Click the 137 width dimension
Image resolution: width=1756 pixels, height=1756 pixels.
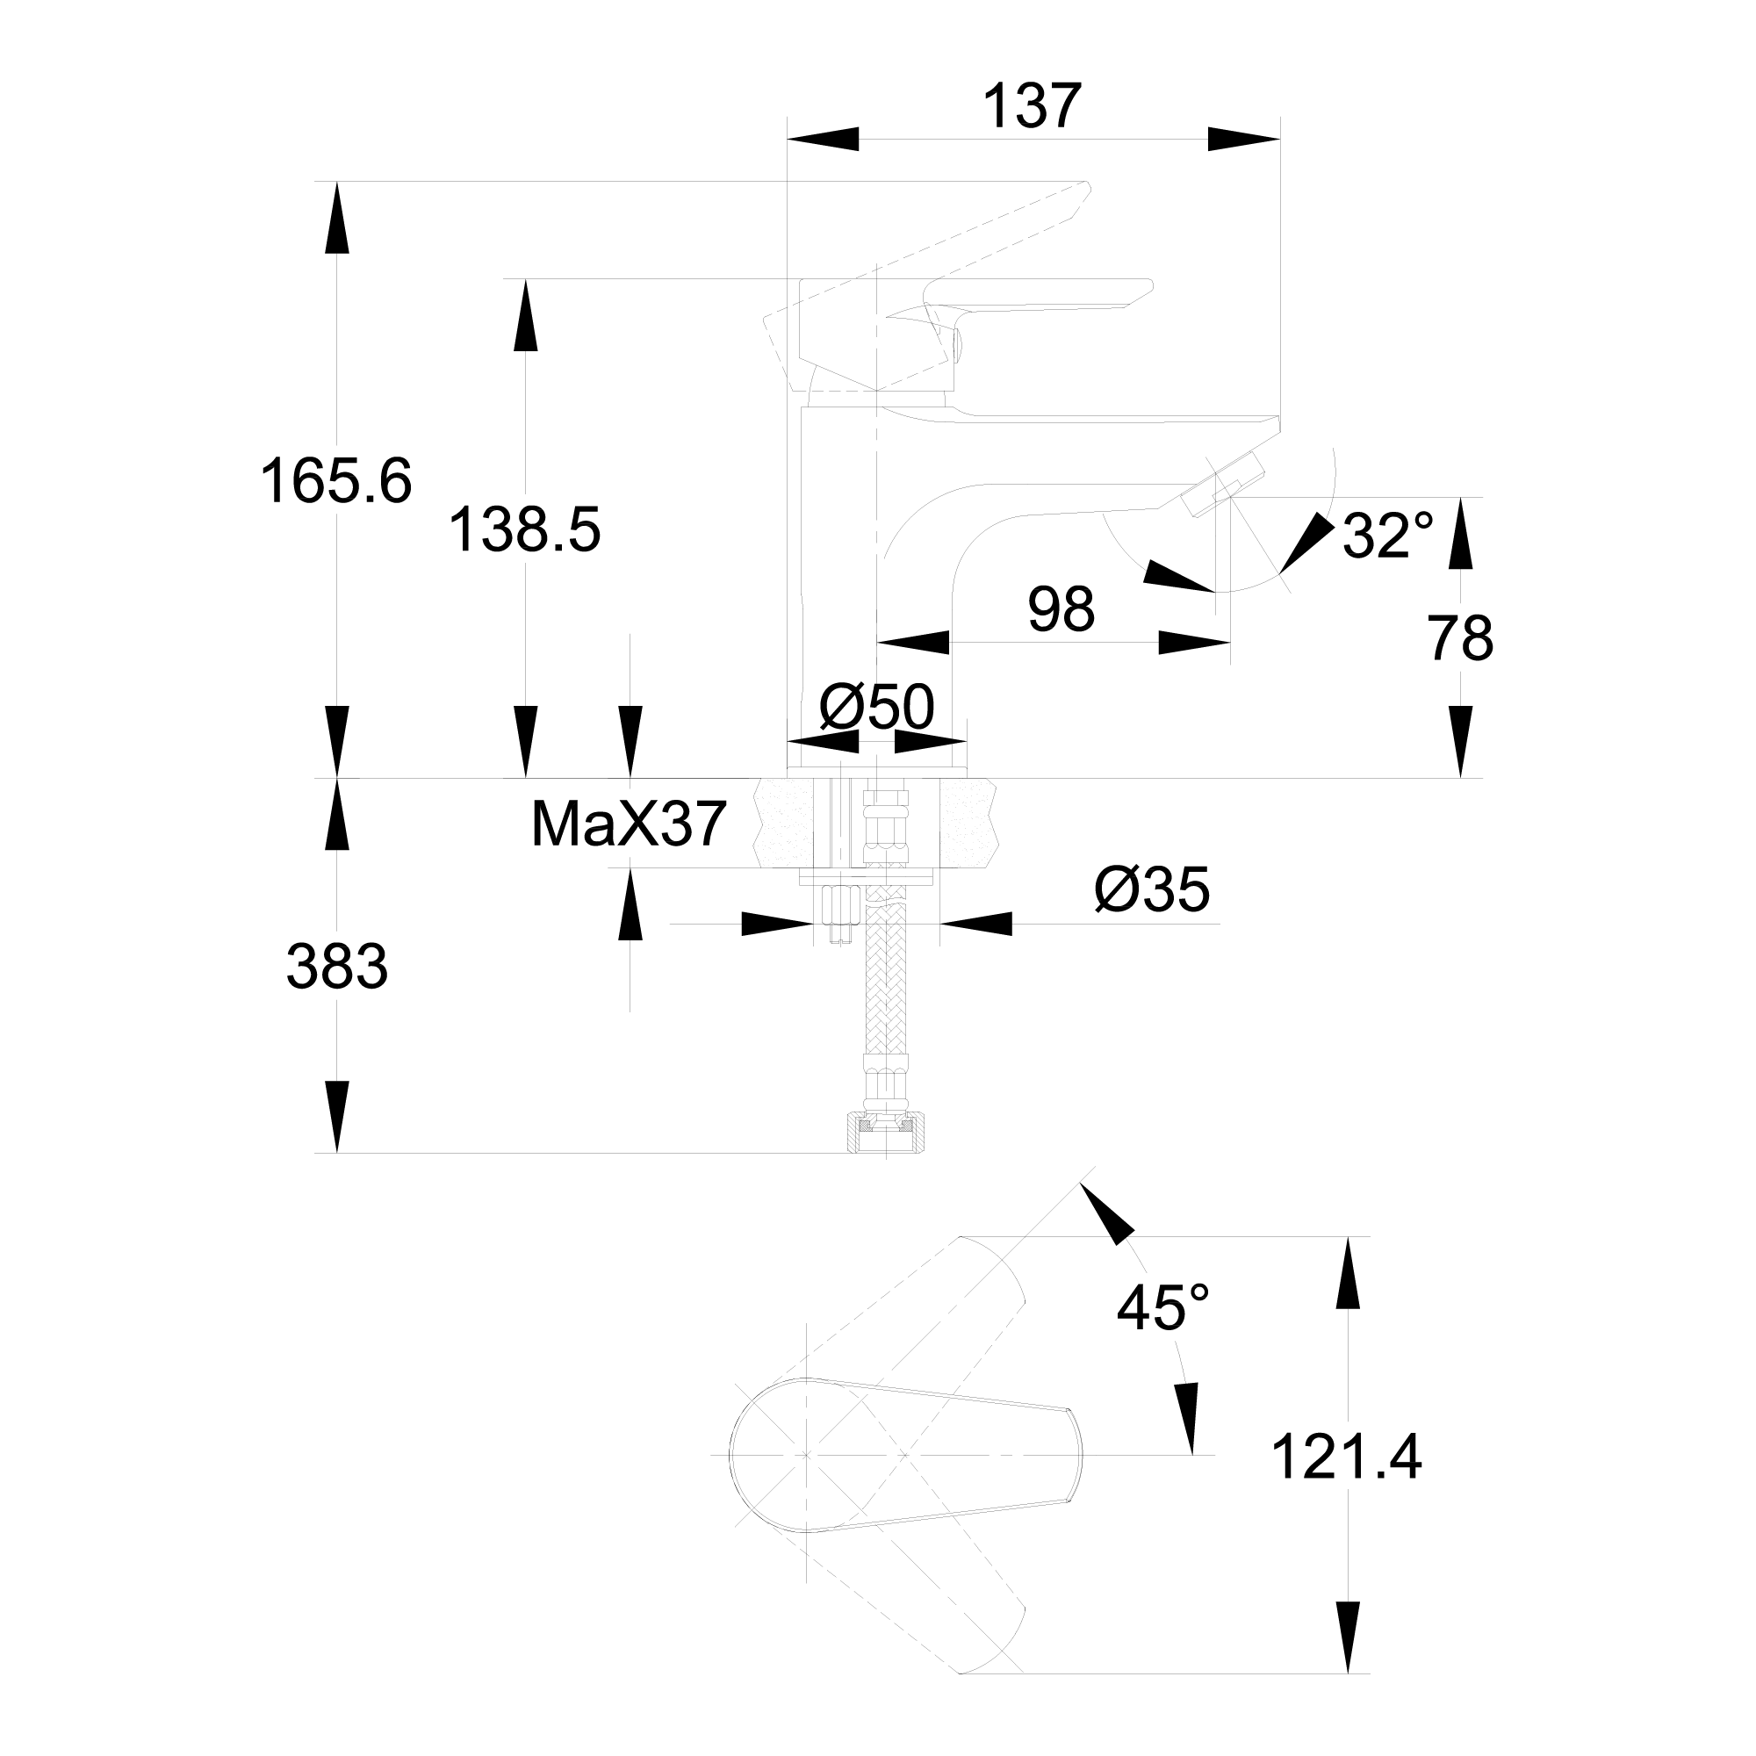1032,107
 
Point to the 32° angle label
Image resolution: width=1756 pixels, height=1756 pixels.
1387,536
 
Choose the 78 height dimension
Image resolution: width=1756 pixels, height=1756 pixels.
1461,639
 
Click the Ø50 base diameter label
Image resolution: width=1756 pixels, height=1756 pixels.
876,708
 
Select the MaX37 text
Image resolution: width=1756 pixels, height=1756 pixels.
628,825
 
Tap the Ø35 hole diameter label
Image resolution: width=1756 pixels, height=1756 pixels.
1152,889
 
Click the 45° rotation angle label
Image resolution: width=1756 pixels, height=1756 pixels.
1162,1310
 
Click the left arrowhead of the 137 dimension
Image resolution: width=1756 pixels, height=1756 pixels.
823,139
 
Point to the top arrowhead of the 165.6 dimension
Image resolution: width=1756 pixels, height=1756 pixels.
337,218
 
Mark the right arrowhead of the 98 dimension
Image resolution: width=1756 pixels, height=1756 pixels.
1194,643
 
